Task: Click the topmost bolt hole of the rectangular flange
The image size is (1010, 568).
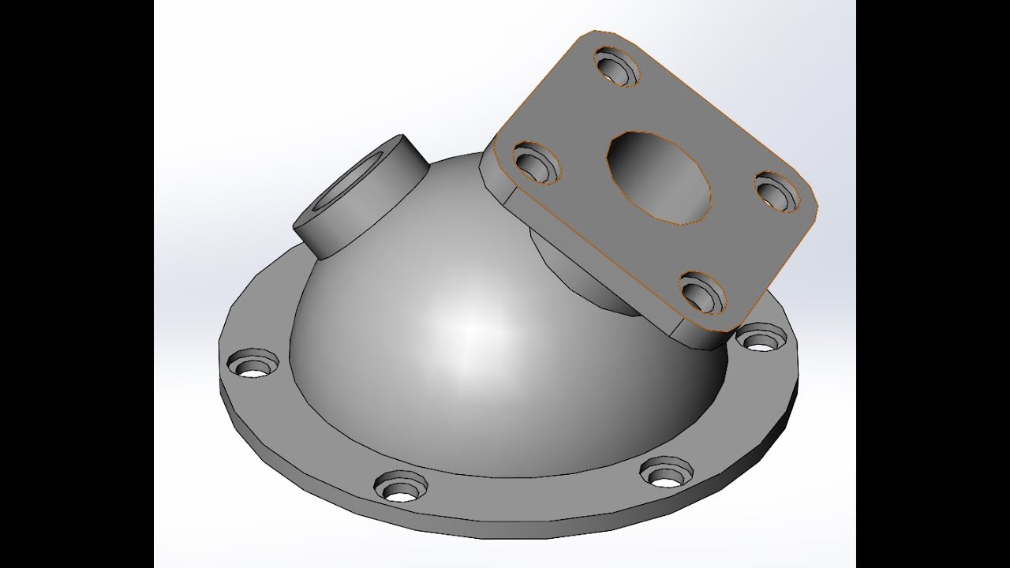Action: pyautogui.click(x=616, y=65)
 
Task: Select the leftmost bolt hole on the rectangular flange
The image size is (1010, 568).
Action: pyautogui.click(x=537, y=162)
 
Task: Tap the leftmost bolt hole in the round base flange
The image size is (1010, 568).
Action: pyautogui.click(x=253, y=365)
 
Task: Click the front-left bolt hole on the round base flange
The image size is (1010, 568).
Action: pyautogui.click(x=399, y=486)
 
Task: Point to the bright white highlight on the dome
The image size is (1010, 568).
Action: pyautogui.click(x=466, y=323)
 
